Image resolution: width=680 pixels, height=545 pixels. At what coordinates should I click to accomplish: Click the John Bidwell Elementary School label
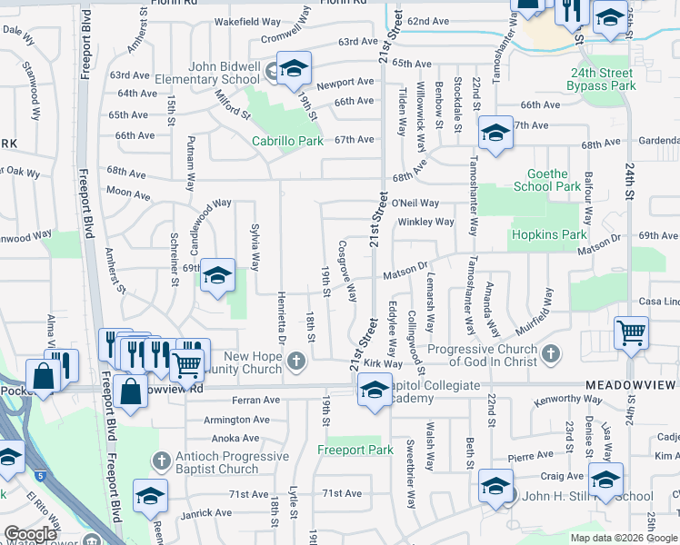[x=224, y=73]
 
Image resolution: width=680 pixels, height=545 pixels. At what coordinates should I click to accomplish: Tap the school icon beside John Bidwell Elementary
[x=294, y=68]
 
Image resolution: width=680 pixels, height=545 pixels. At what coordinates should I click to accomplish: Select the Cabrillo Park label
[x=288, y=141]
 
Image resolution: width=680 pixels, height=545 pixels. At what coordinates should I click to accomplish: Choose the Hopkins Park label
[x=549, y=234]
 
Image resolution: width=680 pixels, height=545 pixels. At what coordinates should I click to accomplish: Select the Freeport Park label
[x=355, y=450]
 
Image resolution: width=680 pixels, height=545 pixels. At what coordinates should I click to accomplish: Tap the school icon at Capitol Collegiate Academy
[x=374, y=390]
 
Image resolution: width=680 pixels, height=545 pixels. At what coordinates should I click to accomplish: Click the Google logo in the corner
[x=30, y=534]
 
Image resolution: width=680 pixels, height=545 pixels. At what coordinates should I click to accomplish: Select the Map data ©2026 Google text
[x=623, y=538]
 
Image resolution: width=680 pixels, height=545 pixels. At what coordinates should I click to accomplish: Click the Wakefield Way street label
[x=247, y=21]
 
